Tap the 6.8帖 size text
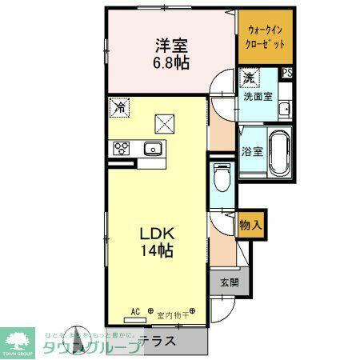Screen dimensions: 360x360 coord(170,63)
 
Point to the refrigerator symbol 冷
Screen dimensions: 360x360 coord(119,107)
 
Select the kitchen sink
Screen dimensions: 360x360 coord(152,148)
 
